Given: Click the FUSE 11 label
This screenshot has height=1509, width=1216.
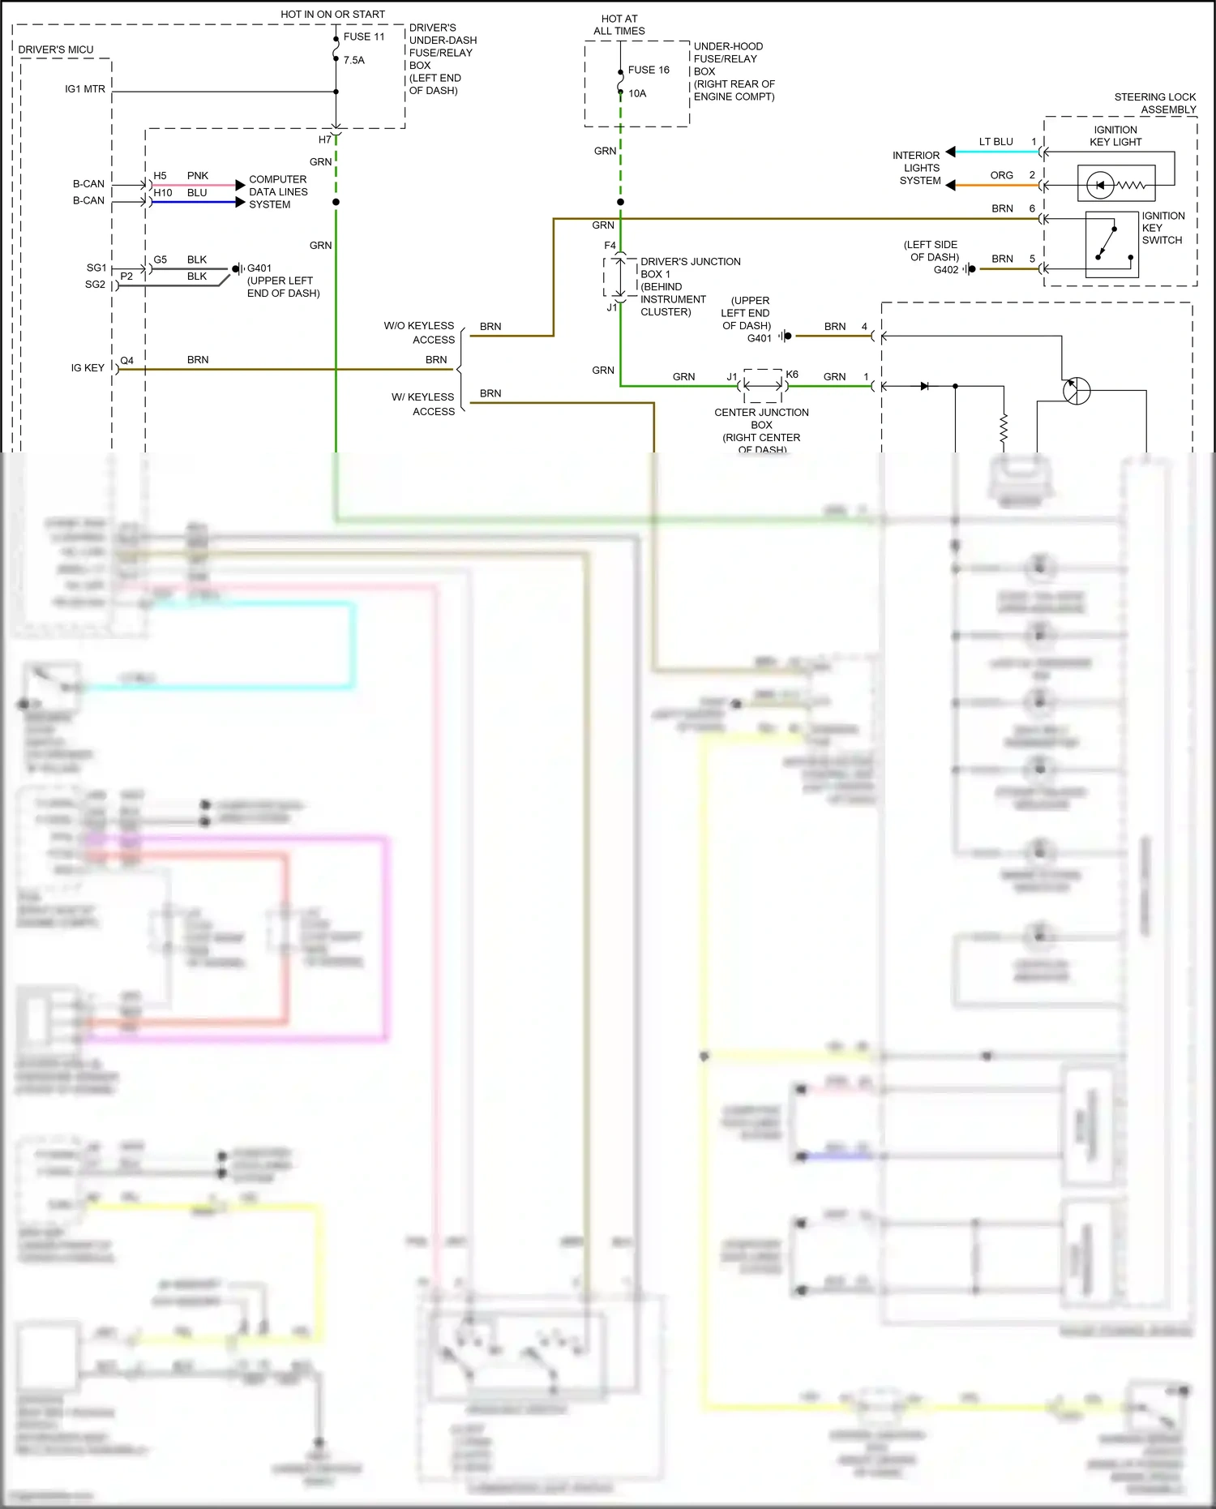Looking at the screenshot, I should click(364, 36).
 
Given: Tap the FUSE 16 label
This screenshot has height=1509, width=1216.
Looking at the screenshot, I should click(649, 70).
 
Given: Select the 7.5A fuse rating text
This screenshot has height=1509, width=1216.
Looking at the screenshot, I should click(354, 60).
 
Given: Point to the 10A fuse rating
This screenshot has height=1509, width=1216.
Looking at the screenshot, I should click(637, 93).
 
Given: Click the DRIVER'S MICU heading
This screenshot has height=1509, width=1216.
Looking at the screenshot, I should click(56, 49).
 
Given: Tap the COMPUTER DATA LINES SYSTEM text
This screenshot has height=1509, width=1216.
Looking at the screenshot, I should click(278, 192).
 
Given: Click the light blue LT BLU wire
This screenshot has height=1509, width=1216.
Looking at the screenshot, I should click(997, 152).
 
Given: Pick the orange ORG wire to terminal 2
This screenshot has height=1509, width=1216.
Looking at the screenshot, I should click(997, 186).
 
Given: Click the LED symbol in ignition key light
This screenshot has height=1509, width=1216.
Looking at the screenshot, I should click(1100, 185).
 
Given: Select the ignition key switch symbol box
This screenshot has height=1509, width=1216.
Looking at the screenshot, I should click(1111, 245).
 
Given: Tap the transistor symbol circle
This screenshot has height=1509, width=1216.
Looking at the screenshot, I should click(1077, 390).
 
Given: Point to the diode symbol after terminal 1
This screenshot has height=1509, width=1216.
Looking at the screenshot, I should click(925, 386).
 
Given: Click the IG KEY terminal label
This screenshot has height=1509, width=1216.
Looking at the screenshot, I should click(88, 368).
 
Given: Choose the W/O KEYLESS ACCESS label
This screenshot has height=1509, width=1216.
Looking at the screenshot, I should click(419, 332).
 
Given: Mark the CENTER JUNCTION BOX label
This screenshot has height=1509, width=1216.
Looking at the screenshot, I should click(761, 418).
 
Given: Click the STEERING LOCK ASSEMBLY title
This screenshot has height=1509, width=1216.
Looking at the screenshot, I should click(1155, 103).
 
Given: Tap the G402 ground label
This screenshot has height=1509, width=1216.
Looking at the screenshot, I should click(945, 270).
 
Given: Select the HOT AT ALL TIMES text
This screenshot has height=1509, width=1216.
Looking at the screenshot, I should click(619, 24).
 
